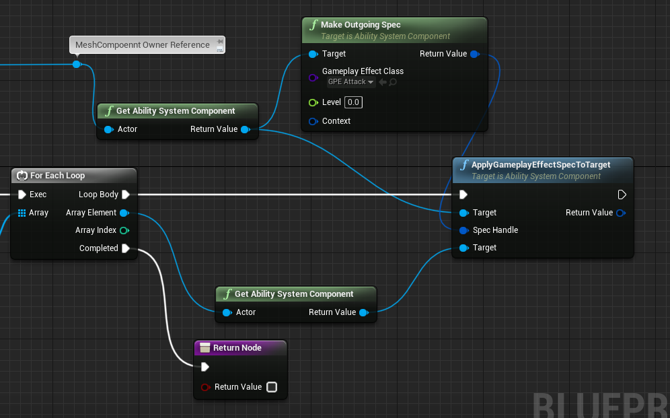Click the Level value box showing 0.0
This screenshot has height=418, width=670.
(x=353, y=102)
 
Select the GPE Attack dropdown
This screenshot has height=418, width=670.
(x=351, y=81)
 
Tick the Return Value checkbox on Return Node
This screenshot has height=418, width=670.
(x=272, y=387)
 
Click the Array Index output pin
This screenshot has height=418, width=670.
(x=124, y=230)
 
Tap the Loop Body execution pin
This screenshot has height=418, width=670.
(x=126, y=195)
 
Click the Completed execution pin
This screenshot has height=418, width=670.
(x=126, y=248)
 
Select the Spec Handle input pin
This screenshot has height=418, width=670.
(x=463, y=230)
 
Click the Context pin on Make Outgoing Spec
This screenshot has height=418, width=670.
(x=313, y=121)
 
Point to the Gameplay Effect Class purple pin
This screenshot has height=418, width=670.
(x=313, y=77)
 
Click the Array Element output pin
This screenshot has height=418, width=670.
(x=124, y=213)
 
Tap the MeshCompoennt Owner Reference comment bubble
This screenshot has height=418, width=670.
(x=147, y=45)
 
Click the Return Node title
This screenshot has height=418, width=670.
(x=237, y=348)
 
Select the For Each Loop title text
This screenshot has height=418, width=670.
(x=57, y=176)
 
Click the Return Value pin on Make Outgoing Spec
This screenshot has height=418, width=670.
(x=475, y=54)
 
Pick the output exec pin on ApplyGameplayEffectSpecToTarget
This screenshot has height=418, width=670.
(x=622, y=195)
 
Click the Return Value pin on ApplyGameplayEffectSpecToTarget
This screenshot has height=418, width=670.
(x=621, y=213)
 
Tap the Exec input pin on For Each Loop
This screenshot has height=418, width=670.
(x=22, y=195)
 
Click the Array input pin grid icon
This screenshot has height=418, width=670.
(x=22, y=213)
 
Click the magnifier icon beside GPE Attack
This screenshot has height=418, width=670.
(x=393, y=81)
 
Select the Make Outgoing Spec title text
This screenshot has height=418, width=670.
(x=361, y=25)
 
